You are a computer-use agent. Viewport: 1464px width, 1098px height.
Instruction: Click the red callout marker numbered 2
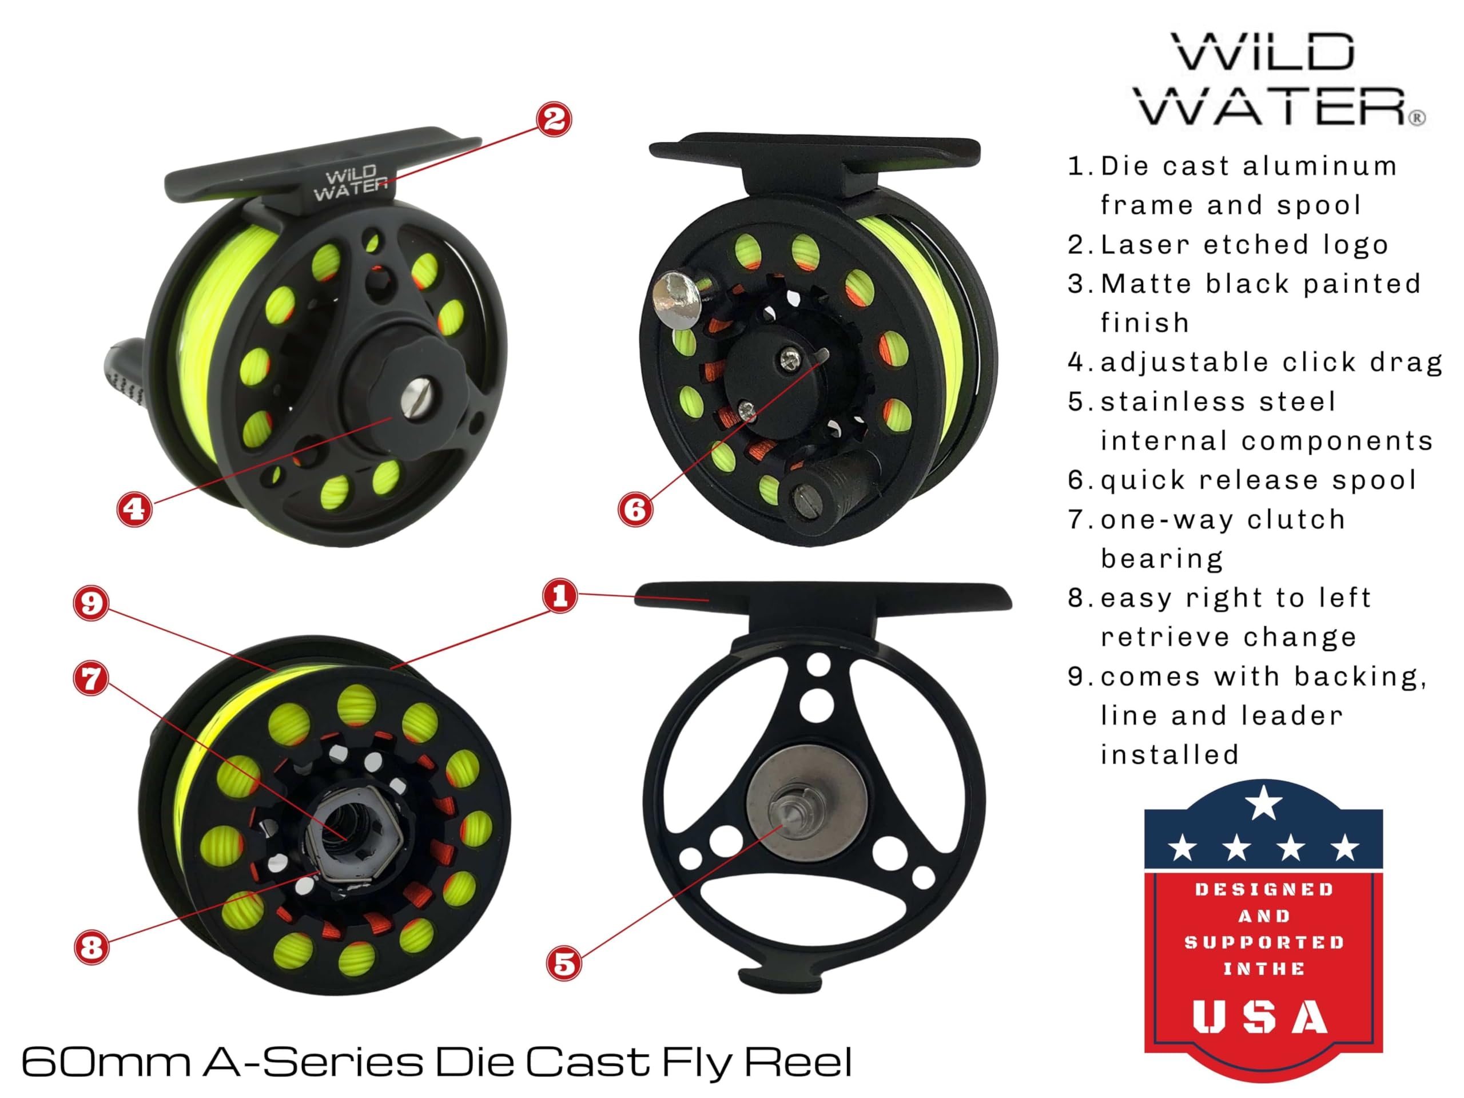554,119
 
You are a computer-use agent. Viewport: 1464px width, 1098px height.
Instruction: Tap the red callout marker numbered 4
134,509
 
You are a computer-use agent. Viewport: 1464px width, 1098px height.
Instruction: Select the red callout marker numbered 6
635,509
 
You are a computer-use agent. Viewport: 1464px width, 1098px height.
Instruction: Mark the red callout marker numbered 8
91,946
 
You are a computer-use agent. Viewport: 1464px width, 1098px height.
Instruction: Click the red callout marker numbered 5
564,963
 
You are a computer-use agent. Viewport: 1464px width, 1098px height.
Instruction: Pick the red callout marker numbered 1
560,596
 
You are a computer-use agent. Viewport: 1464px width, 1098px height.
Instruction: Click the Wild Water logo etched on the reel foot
350,184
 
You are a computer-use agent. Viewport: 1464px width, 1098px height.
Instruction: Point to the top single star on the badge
1263,803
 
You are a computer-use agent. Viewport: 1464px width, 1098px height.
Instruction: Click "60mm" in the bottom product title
106,1061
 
